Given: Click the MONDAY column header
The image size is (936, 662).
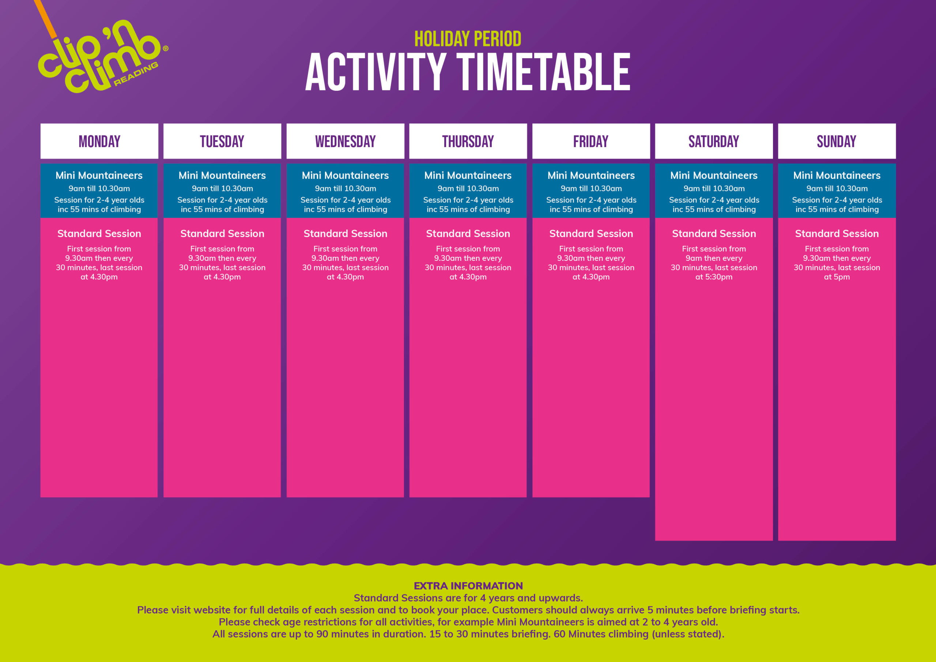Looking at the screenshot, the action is click(99, 141).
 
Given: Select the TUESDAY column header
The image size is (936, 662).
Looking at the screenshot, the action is click(222, 141).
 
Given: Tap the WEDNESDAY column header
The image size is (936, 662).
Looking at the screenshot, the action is click(345, 141).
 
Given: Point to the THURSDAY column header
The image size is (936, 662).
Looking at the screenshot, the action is click(468, 141).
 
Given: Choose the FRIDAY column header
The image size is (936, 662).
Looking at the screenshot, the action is click(591, 141).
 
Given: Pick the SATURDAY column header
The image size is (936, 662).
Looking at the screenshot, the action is click(714, 141).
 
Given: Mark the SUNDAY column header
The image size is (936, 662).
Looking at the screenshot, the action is click(837, 141).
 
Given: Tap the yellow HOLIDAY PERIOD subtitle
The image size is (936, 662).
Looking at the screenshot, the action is click(468, 39).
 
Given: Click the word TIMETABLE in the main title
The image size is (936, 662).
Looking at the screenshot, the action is click(543, 72).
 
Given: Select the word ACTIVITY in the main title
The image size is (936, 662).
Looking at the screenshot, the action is click(375, 72).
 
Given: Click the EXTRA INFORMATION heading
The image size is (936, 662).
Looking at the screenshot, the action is click(468, 586).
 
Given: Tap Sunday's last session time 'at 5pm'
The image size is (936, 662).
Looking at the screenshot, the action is click(837, 277).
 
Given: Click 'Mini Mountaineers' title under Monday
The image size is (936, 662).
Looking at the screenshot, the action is click(99, 176).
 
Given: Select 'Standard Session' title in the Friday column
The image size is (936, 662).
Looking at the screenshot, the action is click(591, 234).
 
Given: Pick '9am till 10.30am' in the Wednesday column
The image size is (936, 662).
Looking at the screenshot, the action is click(345, 188).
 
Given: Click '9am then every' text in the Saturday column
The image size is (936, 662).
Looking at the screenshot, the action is click(714, 258).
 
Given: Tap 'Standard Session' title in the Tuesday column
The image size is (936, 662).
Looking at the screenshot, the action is click(222, 234).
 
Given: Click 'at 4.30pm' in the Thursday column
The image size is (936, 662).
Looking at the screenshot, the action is click(468, 277).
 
